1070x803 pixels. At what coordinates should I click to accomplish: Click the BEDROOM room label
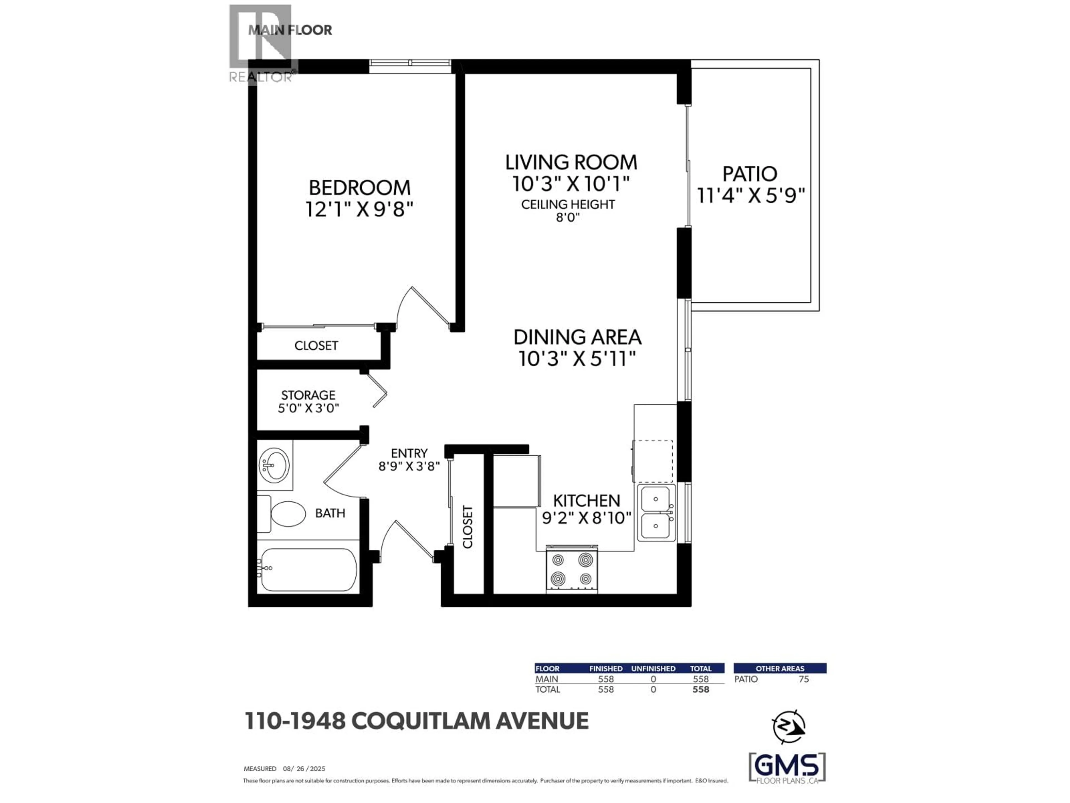tap(359, 188)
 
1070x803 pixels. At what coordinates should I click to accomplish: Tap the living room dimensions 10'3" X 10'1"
tap(571, 184)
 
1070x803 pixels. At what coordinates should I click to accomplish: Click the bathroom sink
tap(274, 465)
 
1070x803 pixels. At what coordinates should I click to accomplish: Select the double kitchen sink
tap(656, 512)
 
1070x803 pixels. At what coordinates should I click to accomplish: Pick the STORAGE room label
tap(308, 395)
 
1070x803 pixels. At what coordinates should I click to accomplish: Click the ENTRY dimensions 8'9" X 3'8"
tap(409, 466)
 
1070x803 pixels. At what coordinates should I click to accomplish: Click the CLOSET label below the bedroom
tap(316, 345)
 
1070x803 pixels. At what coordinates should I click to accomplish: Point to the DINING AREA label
tap(577, 337)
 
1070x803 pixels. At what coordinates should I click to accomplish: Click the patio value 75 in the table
tap(803, 679)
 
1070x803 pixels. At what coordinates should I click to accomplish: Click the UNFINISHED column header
tap(653, 668)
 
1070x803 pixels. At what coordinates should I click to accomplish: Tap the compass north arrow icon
tap(789, 727)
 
